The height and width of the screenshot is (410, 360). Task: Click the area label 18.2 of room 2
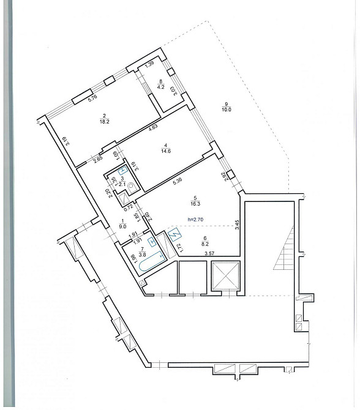click(105, 122)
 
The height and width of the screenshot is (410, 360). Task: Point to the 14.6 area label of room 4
click(164, 151)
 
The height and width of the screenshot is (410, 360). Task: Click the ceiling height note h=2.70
click(200, 219)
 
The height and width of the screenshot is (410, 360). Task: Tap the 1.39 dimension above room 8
click(149, 64)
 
